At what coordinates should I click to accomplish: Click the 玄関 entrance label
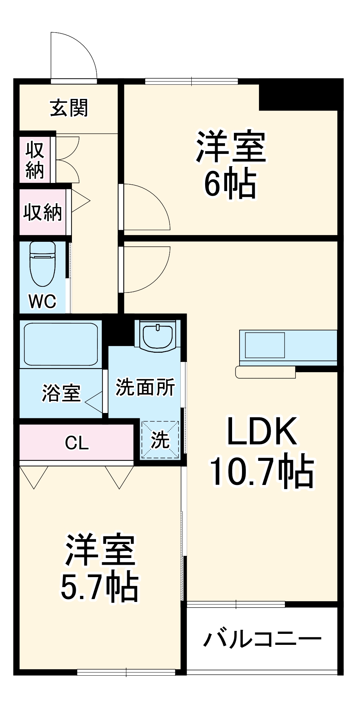click(x=69, y=108)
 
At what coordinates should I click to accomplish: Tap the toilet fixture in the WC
click(x=43, y=263)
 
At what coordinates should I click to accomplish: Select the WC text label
click(x=43, y=301)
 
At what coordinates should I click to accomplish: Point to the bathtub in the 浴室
click(x=61, y=344)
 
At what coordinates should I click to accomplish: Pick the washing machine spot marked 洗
click(x=160, y=440)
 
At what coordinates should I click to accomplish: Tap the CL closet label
click(x=77, y=443)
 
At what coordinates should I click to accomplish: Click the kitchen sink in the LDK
click(x=265, y=345)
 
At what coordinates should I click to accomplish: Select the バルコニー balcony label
click(x=262, y=639)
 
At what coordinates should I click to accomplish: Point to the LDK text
click(x=262, y=431)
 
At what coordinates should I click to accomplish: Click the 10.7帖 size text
click(x=262, y=472)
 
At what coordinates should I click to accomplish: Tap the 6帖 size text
click(x=230, y=184)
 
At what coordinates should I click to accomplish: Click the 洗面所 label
click(x=145, y=387)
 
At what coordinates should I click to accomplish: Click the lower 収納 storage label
click(x=43, y=212)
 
